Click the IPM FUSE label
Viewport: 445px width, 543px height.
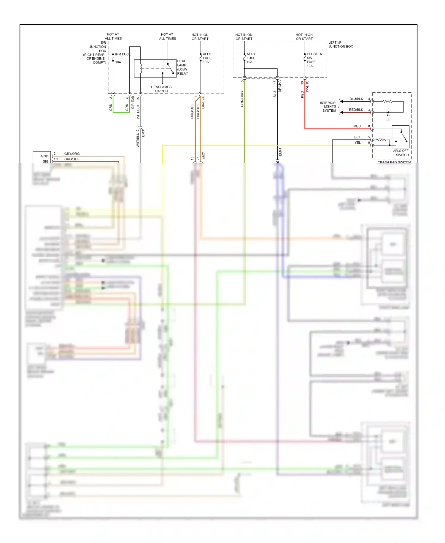point(123,54)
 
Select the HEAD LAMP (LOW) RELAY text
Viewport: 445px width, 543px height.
point(182,67)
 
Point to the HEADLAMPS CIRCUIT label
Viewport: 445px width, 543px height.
point(161,89)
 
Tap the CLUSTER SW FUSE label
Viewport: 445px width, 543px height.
point(314,60)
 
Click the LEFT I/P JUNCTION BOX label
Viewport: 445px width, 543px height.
point(340,45)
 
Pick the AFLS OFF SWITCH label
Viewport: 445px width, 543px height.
point(401,153)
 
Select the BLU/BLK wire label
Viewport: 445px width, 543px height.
point(356,99)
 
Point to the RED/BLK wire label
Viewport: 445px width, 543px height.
point(356,110)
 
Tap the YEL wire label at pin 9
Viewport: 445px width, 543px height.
point(357,143)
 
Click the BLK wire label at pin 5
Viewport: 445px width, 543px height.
point(357,137)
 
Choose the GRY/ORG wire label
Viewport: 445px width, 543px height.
point(72,154)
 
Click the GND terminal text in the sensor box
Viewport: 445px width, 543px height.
point(44,156)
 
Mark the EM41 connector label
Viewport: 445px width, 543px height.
point(280,152)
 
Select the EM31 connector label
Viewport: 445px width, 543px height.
point(143,133)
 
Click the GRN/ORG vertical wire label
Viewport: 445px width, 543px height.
point(242,99)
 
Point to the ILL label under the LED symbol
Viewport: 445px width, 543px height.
point(387,120)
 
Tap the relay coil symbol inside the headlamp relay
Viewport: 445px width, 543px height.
point(141,68)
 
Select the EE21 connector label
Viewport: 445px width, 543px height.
point(203,156)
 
